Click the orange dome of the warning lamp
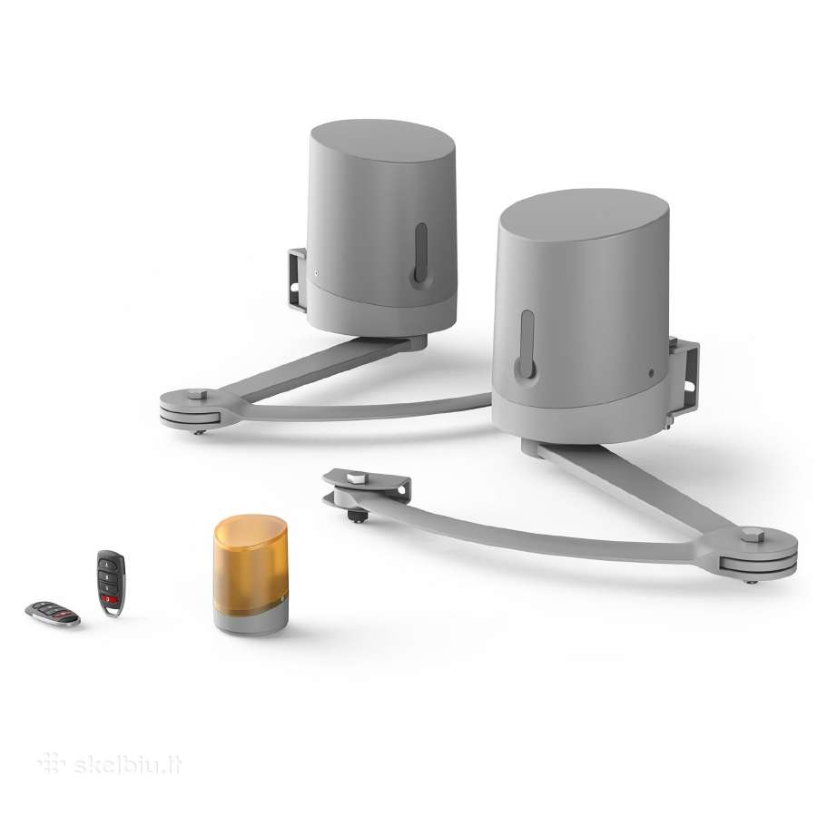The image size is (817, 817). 251,562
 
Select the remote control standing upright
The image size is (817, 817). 111,583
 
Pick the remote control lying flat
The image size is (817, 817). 53,614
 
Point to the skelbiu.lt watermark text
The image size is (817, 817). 128,765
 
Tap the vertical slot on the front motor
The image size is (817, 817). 527,344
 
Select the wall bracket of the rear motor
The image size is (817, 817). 297,280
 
